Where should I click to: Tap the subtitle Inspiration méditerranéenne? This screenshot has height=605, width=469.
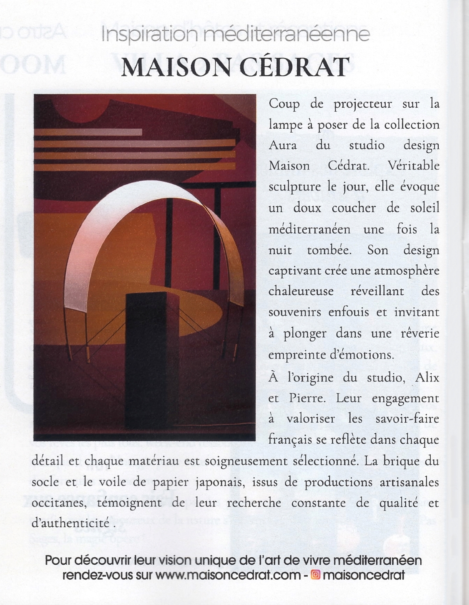(235, 35)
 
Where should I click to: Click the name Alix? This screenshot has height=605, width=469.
(427, 378)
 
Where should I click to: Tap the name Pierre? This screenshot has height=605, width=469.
(307, 398)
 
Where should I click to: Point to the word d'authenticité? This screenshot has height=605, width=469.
(71, 524)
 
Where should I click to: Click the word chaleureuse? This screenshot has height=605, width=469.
(301, 291)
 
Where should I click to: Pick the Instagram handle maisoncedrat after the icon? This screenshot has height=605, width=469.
(364, 575)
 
